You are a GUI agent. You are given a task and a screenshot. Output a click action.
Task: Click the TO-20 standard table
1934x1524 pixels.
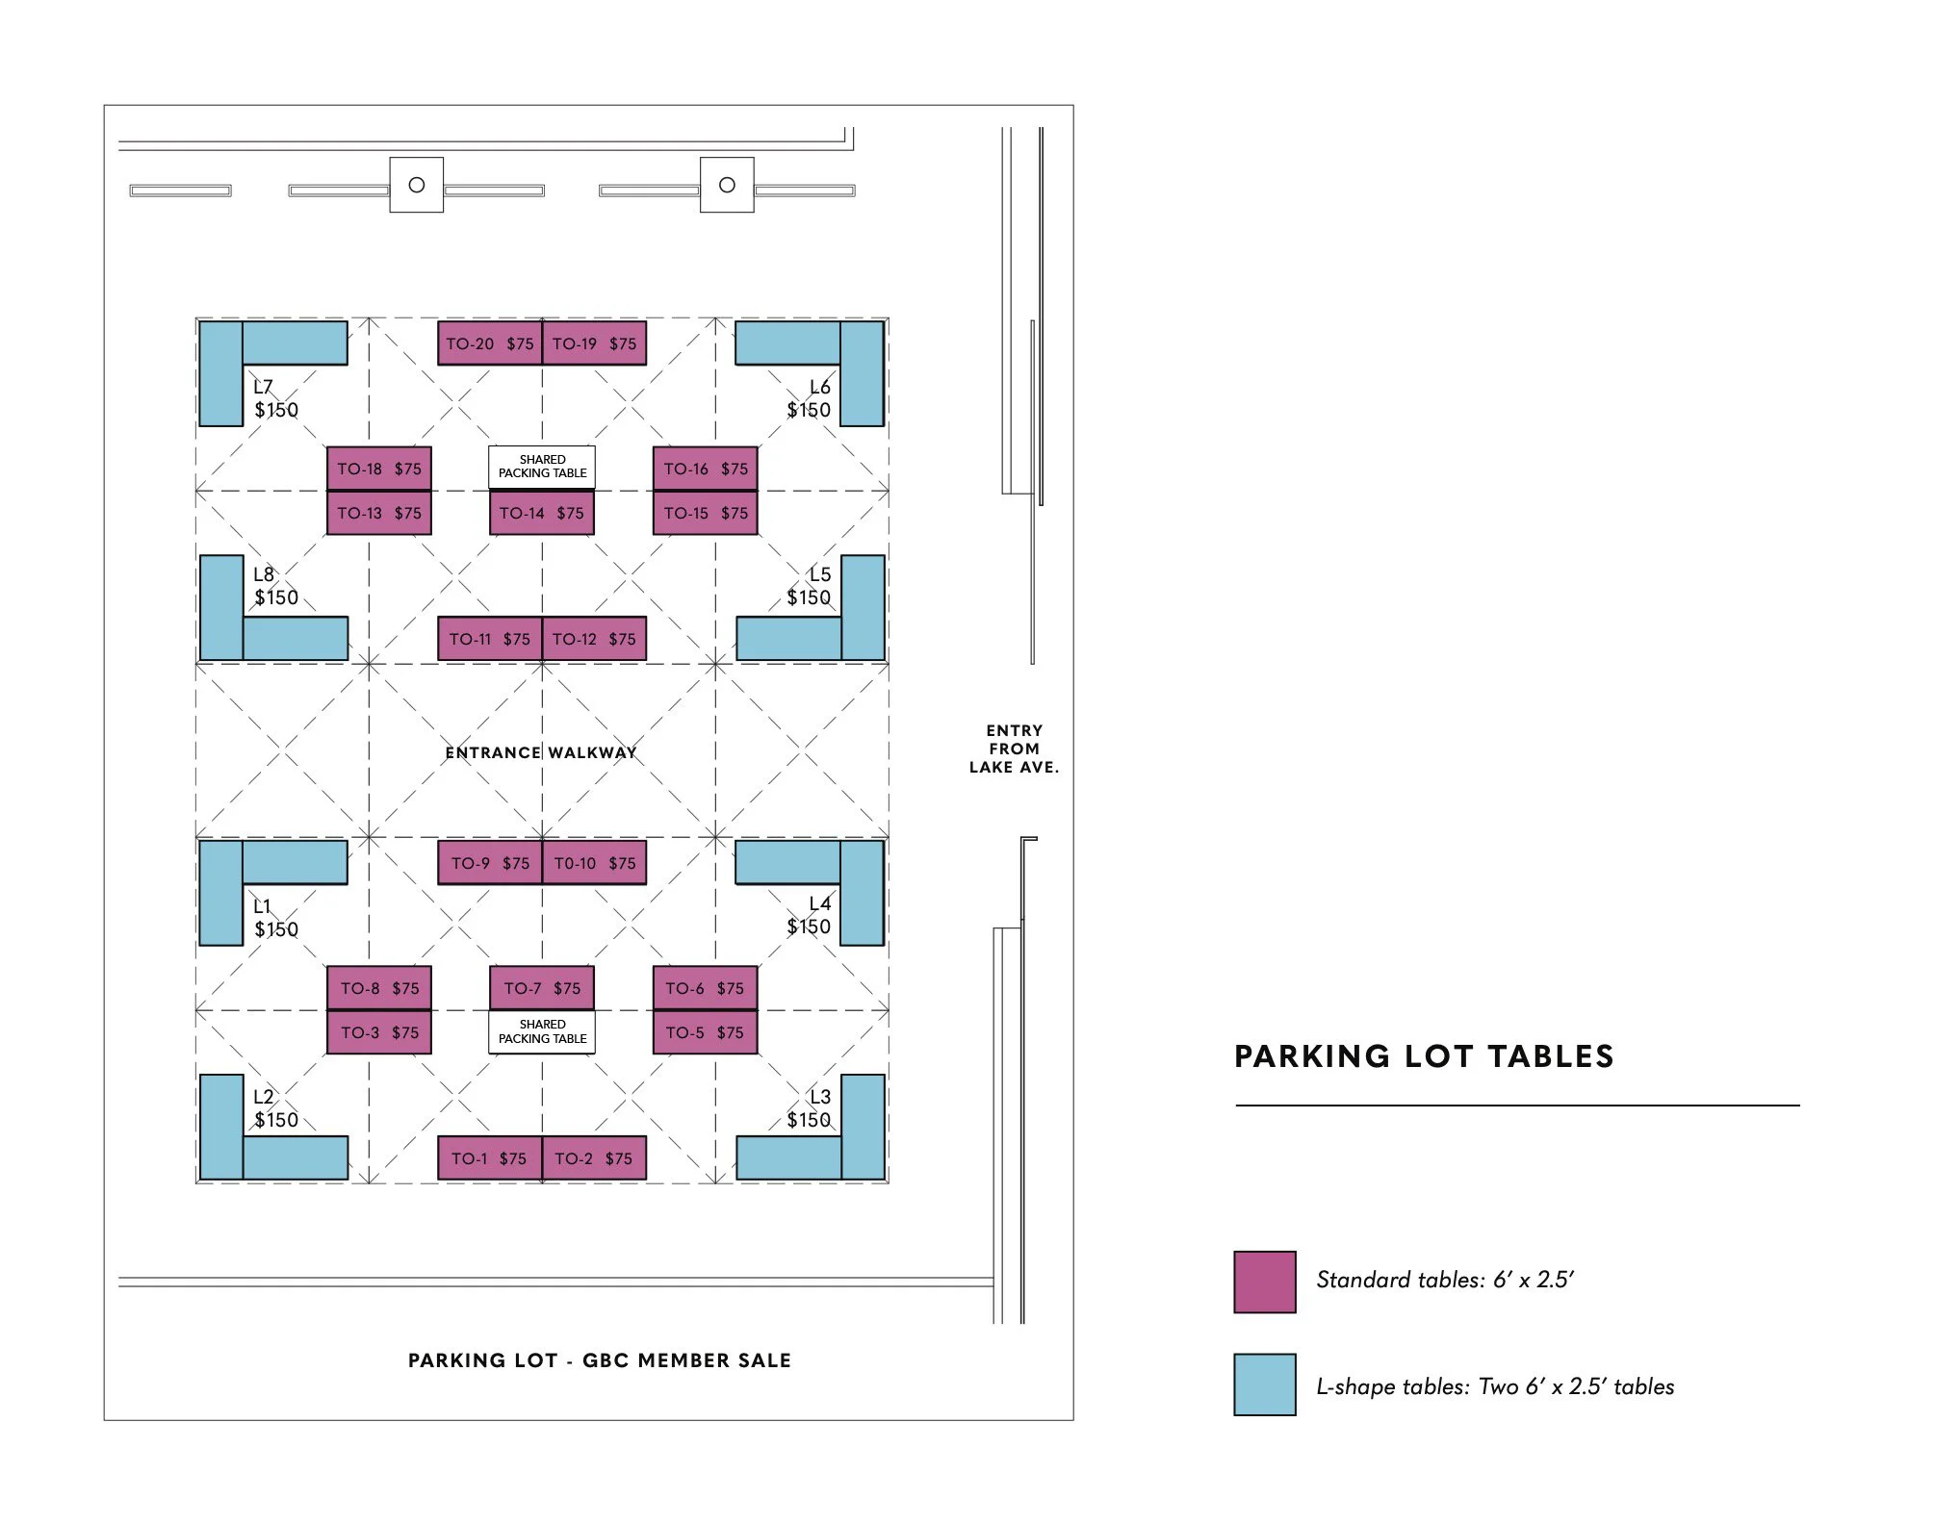(489, 343)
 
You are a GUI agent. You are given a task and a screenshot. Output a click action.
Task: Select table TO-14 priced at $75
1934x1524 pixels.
(541, 513)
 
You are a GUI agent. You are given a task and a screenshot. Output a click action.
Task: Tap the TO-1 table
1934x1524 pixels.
(489, 1158)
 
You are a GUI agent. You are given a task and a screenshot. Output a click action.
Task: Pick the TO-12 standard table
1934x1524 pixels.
(594, 639)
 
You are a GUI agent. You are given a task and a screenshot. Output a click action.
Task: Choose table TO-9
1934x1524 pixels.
(489, 863)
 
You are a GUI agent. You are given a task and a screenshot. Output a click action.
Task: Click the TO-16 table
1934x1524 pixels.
(705, 469)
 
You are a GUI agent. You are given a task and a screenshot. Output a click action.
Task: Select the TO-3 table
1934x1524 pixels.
(379, 1032)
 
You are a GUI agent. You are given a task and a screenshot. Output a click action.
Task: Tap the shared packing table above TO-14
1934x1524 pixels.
(542, 467)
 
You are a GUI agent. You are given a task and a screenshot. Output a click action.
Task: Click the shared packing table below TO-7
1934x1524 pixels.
(542, 1031)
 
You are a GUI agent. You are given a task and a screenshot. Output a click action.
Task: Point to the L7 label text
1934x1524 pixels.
(263, 387)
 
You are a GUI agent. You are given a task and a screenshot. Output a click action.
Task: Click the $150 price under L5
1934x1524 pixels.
(808, 597)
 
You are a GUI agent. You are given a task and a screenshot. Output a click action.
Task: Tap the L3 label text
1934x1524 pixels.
(819, 1097)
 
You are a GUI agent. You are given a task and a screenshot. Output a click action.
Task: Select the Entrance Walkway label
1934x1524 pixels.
(541, 752)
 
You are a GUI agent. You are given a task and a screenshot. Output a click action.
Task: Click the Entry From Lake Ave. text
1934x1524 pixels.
(1014, 749)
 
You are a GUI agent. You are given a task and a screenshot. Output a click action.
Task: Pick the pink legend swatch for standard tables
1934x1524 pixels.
(1264, 1282)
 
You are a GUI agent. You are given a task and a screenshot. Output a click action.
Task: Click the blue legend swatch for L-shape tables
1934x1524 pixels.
(1264, 1384)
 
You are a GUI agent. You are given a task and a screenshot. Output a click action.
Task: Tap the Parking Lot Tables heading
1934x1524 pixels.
(1424, 1056)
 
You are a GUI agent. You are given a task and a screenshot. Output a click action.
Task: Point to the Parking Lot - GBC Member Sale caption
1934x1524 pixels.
(599, 1360)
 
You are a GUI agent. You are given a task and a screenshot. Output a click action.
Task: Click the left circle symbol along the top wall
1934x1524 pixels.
(416, 185)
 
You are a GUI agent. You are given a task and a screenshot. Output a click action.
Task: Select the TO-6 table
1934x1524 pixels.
(705, 988)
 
